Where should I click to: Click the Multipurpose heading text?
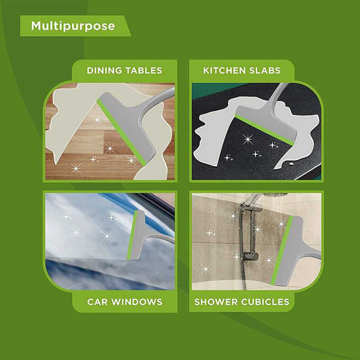tap(73, 26)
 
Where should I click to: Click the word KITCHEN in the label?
tap(225, 70)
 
